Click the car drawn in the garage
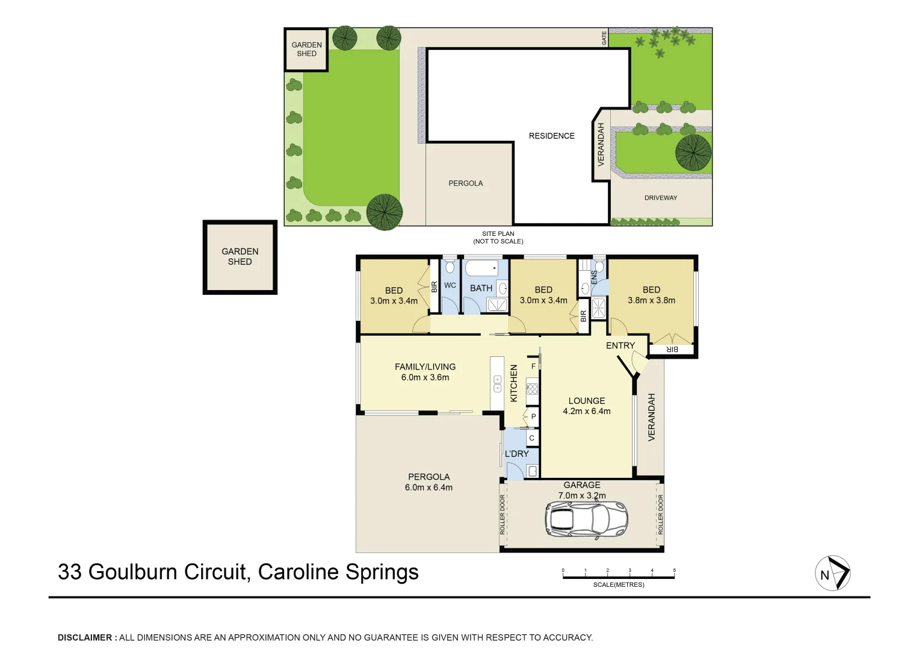586,519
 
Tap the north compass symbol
832,573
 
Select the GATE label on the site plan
604,38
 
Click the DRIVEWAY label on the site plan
660,198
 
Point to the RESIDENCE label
551,136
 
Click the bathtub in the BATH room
481,268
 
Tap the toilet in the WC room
450,267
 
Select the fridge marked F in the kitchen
533,366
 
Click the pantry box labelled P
533,416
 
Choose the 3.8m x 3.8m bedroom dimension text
651,300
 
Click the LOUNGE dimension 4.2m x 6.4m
586,412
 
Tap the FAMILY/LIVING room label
425,367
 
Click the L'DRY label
516,454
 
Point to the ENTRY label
620,345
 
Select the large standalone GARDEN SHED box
240,257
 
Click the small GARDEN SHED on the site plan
306,49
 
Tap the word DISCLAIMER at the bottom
85,637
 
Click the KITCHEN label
514,383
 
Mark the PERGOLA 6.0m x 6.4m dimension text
429,487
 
